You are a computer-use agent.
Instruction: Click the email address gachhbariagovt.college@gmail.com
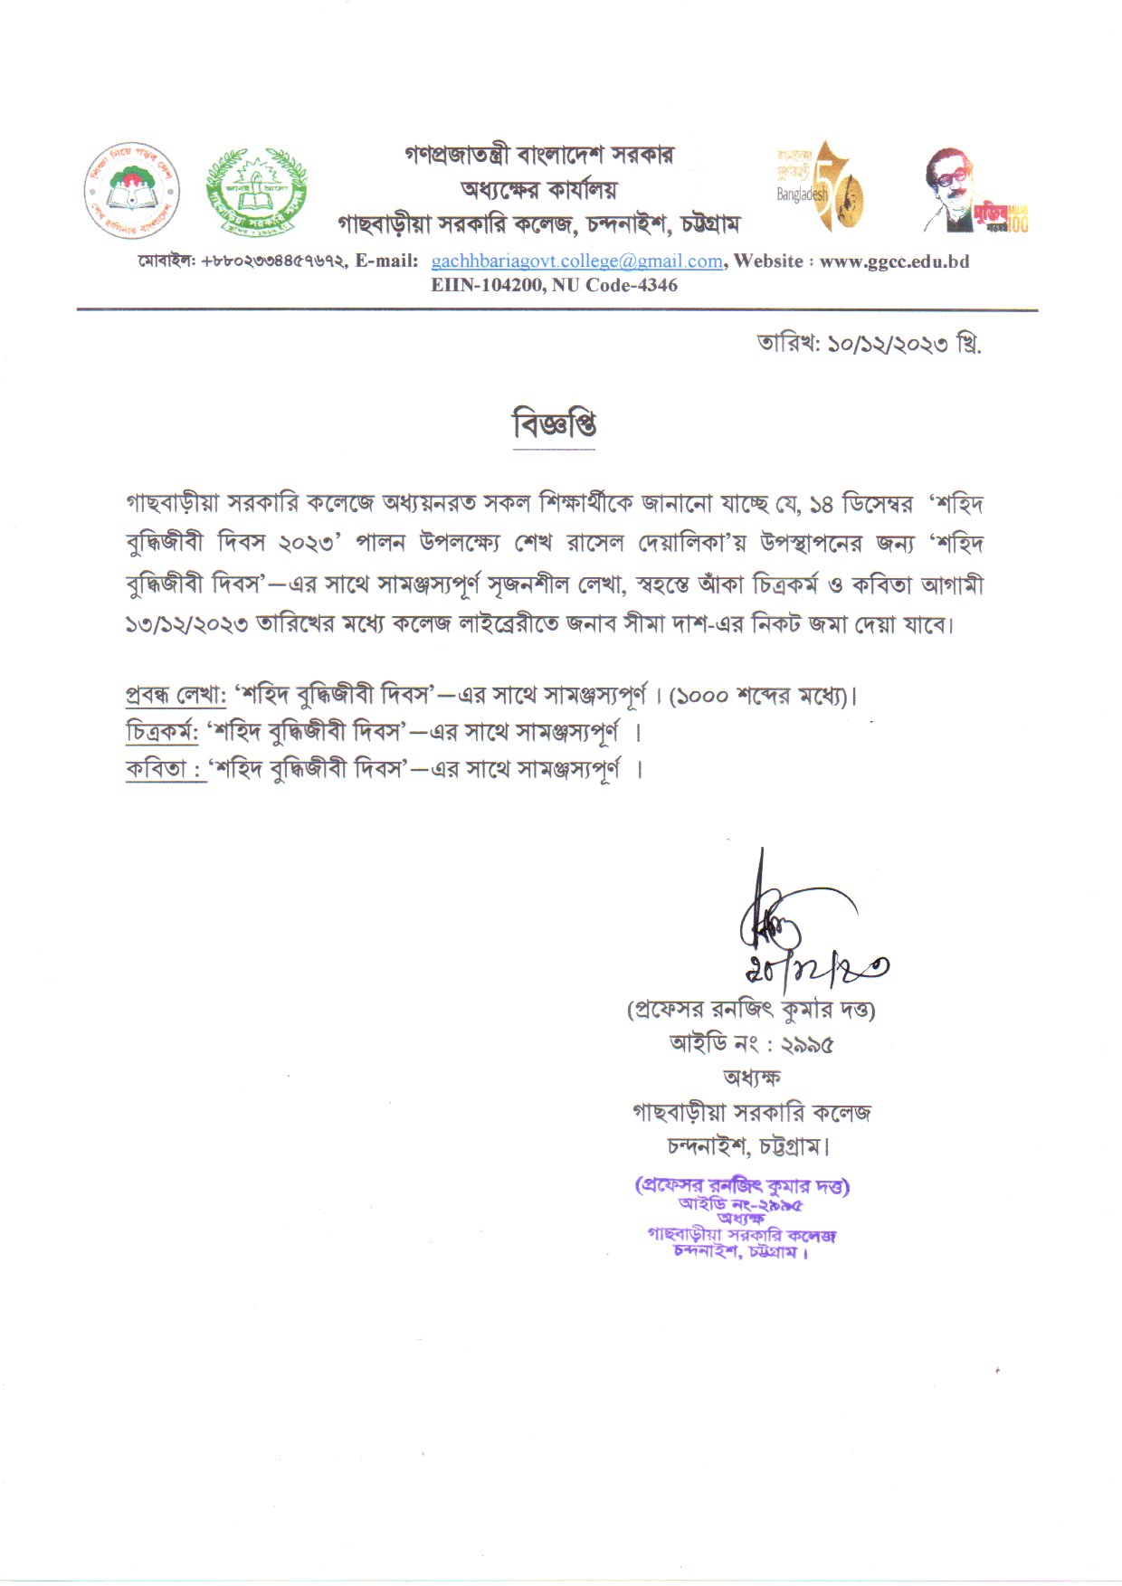[576, 261]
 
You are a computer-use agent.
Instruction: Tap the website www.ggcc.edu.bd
[894, 261]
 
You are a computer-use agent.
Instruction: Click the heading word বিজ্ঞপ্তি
[554, 424]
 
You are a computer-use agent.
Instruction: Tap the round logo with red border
[132, 190]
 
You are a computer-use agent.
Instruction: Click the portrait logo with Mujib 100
[974, 192]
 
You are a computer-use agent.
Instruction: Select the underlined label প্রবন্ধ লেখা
[176, 696]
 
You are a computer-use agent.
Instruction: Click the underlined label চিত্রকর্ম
[162, 731]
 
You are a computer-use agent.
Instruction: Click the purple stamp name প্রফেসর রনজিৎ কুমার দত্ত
[743, 1185]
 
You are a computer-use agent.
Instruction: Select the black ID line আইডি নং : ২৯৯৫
[751, 1044]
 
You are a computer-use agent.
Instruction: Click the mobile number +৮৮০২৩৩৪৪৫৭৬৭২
[272, 261]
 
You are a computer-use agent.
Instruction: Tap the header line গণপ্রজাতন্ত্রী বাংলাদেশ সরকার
[538, 155]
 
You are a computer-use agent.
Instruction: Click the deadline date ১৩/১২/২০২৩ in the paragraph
[186, 624]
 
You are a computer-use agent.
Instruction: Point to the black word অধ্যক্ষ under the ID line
[751, 1078]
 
